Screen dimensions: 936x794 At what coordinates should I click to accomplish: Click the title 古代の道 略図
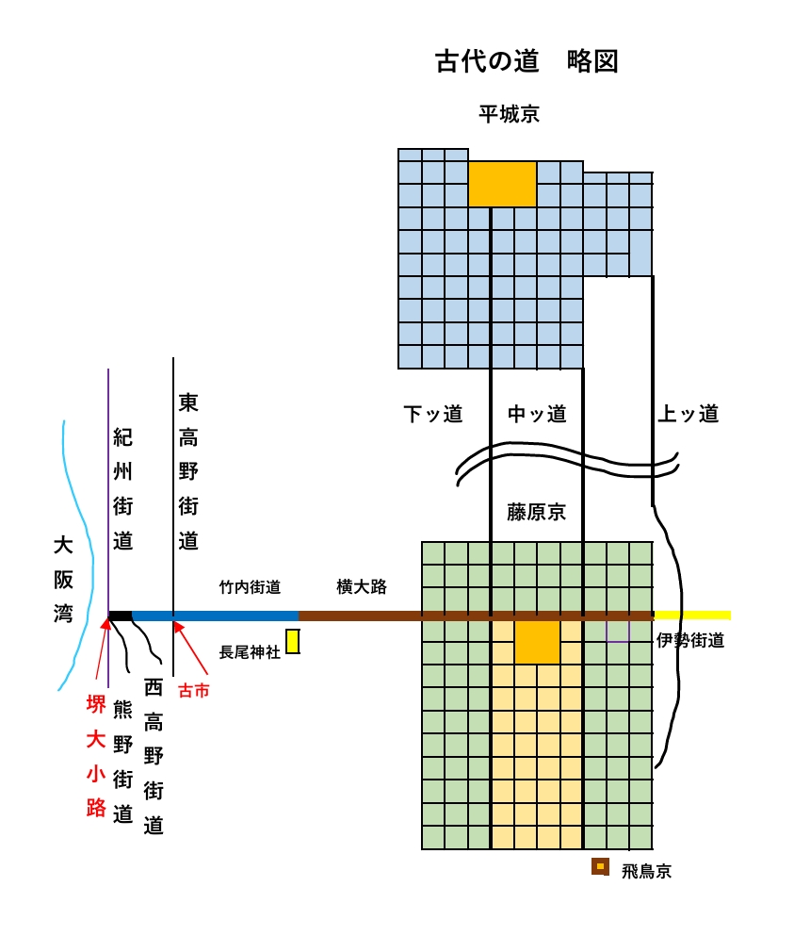coord(526,62)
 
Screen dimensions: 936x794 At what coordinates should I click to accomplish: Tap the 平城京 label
coord(509,115)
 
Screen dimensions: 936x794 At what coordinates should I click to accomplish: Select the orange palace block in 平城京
coord(502,184)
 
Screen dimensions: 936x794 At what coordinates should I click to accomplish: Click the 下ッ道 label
coord(433,414)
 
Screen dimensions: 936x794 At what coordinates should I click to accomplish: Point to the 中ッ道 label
coord(537,414)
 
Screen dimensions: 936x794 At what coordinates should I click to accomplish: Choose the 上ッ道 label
coord(689,414)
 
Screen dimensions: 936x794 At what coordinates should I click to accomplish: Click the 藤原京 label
coord(537,512)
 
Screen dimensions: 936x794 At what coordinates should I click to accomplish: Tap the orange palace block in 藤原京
coord(537,641)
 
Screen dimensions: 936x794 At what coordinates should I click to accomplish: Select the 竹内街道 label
coord(250,587)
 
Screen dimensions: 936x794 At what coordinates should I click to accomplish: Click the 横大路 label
coord(362,586)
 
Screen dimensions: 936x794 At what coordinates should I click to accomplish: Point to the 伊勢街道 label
coord(690,641)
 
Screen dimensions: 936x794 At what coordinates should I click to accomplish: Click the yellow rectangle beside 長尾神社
coord(293,641)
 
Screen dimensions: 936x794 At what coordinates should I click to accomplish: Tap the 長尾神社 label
coord(250,651)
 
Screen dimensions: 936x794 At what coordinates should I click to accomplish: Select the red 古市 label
coord(194,691)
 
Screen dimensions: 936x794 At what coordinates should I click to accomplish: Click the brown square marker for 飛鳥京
coord(600,866)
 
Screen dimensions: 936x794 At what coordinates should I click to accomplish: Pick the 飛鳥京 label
coord(646,871)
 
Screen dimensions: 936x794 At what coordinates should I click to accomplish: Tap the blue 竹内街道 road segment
coord(217,616)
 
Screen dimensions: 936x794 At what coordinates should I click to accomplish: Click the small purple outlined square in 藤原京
coord(618,630)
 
